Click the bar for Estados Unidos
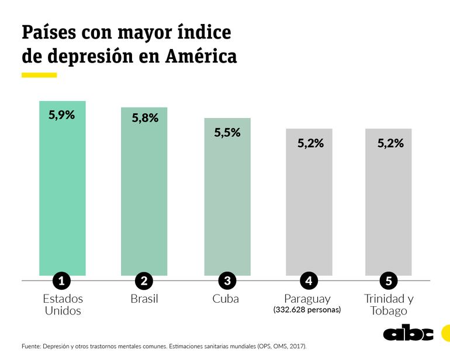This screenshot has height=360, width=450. tap(63, 193)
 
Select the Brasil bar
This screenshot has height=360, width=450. tap(144, 196)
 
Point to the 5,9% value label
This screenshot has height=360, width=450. tap(61, 115)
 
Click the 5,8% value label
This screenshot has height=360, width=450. tap(145, 118)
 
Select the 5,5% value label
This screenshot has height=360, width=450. tap(227, 133)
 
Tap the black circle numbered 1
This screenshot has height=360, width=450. tap(61, 281)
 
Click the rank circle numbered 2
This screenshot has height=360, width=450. tap(144, 281)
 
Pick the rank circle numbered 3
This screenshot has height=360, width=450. tap(227, 281)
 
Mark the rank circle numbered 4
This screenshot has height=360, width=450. tap(309, 281)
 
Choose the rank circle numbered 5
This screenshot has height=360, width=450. tap(389, 281)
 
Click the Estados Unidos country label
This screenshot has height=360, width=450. tap(63, 304)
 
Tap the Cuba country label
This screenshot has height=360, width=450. tap(226, 299)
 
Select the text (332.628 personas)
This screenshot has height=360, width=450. tap(307, 310)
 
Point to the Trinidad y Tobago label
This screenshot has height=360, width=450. tap(389, 304)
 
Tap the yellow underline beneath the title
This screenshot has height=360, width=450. tap(39, 75)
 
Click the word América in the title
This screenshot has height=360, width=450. tap(201, 57)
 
